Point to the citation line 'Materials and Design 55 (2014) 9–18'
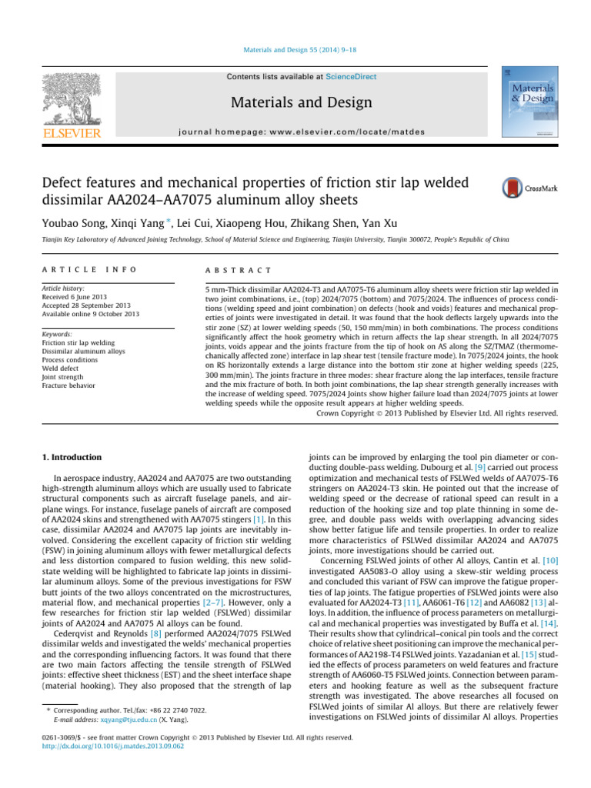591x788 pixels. pyautogui.click(x=295, y=50)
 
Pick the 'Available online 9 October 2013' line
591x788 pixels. pyautogui.click(x=91, y=314)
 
